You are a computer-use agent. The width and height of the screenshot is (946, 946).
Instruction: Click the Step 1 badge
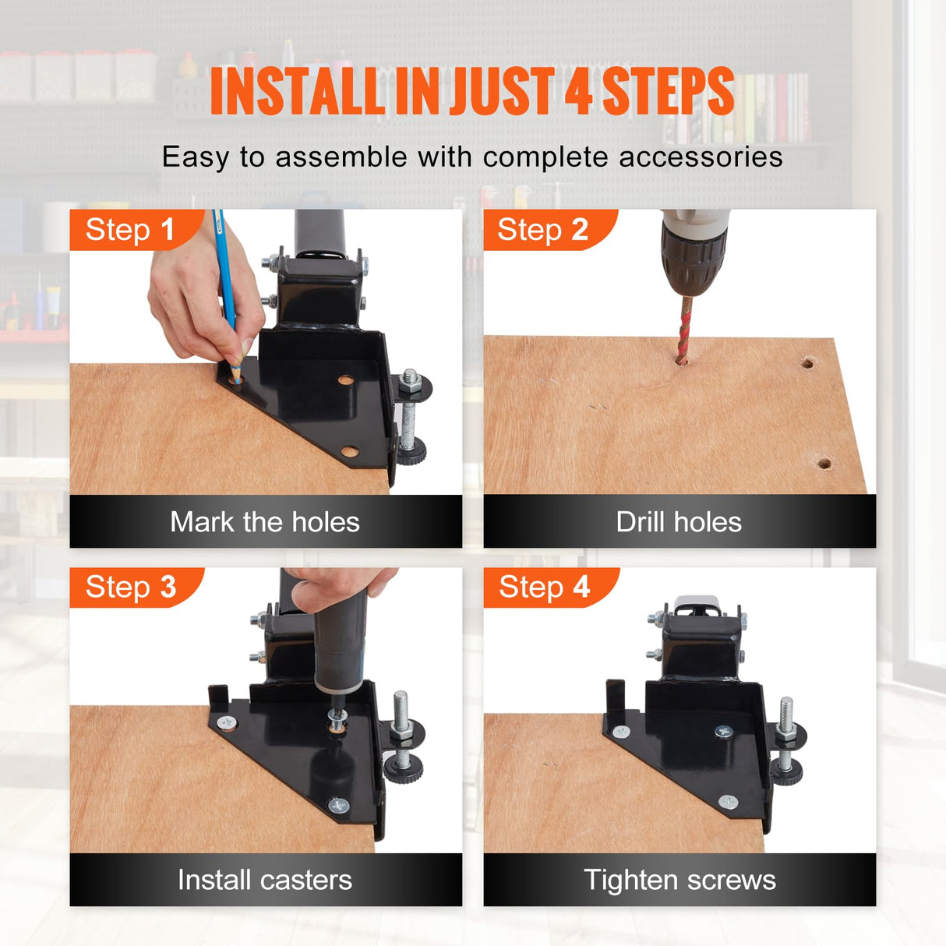(x=132, y=230)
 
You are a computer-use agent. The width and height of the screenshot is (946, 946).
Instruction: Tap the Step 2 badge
(x=546, y=230)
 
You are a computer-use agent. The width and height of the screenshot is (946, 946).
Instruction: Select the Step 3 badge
(x=132, y=587)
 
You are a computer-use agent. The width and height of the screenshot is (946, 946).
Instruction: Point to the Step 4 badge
(x=547, y=587)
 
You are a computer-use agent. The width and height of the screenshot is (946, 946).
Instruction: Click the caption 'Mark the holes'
(x=265, y=522)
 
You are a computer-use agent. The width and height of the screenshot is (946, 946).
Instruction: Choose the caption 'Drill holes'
(x=679, y=522)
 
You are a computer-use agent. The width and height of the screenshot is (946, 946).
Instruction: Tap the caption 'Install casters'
(x=265, y=880)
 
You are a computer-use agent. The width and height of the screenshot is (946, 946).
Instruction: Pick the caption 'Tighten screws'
(x=680, y=880)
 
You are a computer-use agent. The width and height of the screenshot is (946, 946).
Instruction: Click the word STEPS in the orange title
(x=668, y=92)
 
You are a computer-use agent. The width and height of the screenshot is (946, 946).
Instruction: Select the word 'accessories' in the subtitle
(x=701, y=157)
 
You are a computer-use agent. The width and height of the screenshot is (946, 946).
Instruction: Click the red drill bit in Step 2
(x=684, y=330)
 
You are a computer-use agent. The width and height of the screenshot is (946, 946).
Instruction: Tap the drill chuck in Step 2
(x=694, y=265)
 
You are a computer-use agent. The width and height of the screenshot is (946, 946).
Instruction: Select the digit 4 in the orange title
(x=578, y=92)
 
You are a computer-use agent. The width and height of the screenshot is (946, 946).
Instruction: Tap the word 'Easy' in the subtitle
(x=196, y=158)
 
